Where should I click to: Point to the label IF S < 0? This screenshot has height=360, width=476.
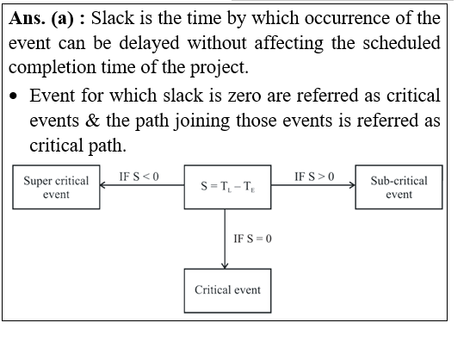click(x=139, y=177)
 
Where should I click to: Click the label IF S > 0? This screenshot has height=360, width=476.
click(x=314, y=177)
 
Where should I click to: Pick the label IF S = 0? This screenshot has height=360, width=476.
click(x=252, y=239)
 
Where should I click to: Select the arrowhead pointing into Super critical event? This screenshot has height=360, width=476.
click(x=102, y=185)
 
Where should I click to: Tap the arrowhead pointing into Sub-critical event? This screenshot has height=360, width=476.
click(x=352, y=185)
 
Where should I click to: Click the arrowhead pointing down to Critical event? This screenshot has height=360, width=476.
click(x=225, y=266)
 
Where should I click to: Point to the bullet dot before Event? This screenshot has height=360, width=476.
click(x=14, y=96)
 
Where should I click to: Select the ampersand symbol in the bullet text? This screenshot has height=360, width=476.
click(x=92, y=121)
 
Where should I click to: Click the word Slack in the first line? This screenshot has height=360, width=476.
click(x=112, y=18)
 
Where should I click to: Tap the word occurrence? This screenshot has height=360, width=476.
click(x=346, y=18)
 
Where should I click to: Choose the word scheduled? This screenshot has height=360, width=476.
click(x=401, y=43)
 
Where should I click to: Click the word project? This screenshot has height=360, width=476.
click(x=219, y=68)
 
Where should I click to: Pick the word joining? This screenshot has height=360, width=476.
click(x=202, y=121)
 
